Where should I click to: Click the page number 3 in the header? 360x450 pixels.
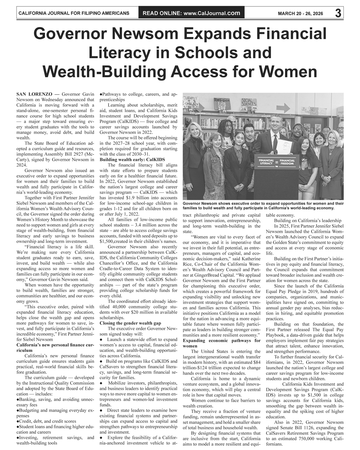338,13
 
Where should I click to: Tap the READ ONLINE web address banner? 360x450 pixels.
191,13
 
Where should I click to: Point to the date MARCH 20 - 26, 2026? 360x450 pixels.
300,14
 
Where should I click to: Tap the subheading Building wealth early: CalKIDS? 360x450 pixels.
132,159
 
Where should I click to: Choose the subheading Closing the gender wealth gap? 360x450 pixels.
131,323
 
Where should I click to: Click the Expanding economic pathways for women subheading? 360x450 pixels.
221,343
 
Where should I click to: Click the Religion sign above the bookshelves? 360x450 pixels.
221,101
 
